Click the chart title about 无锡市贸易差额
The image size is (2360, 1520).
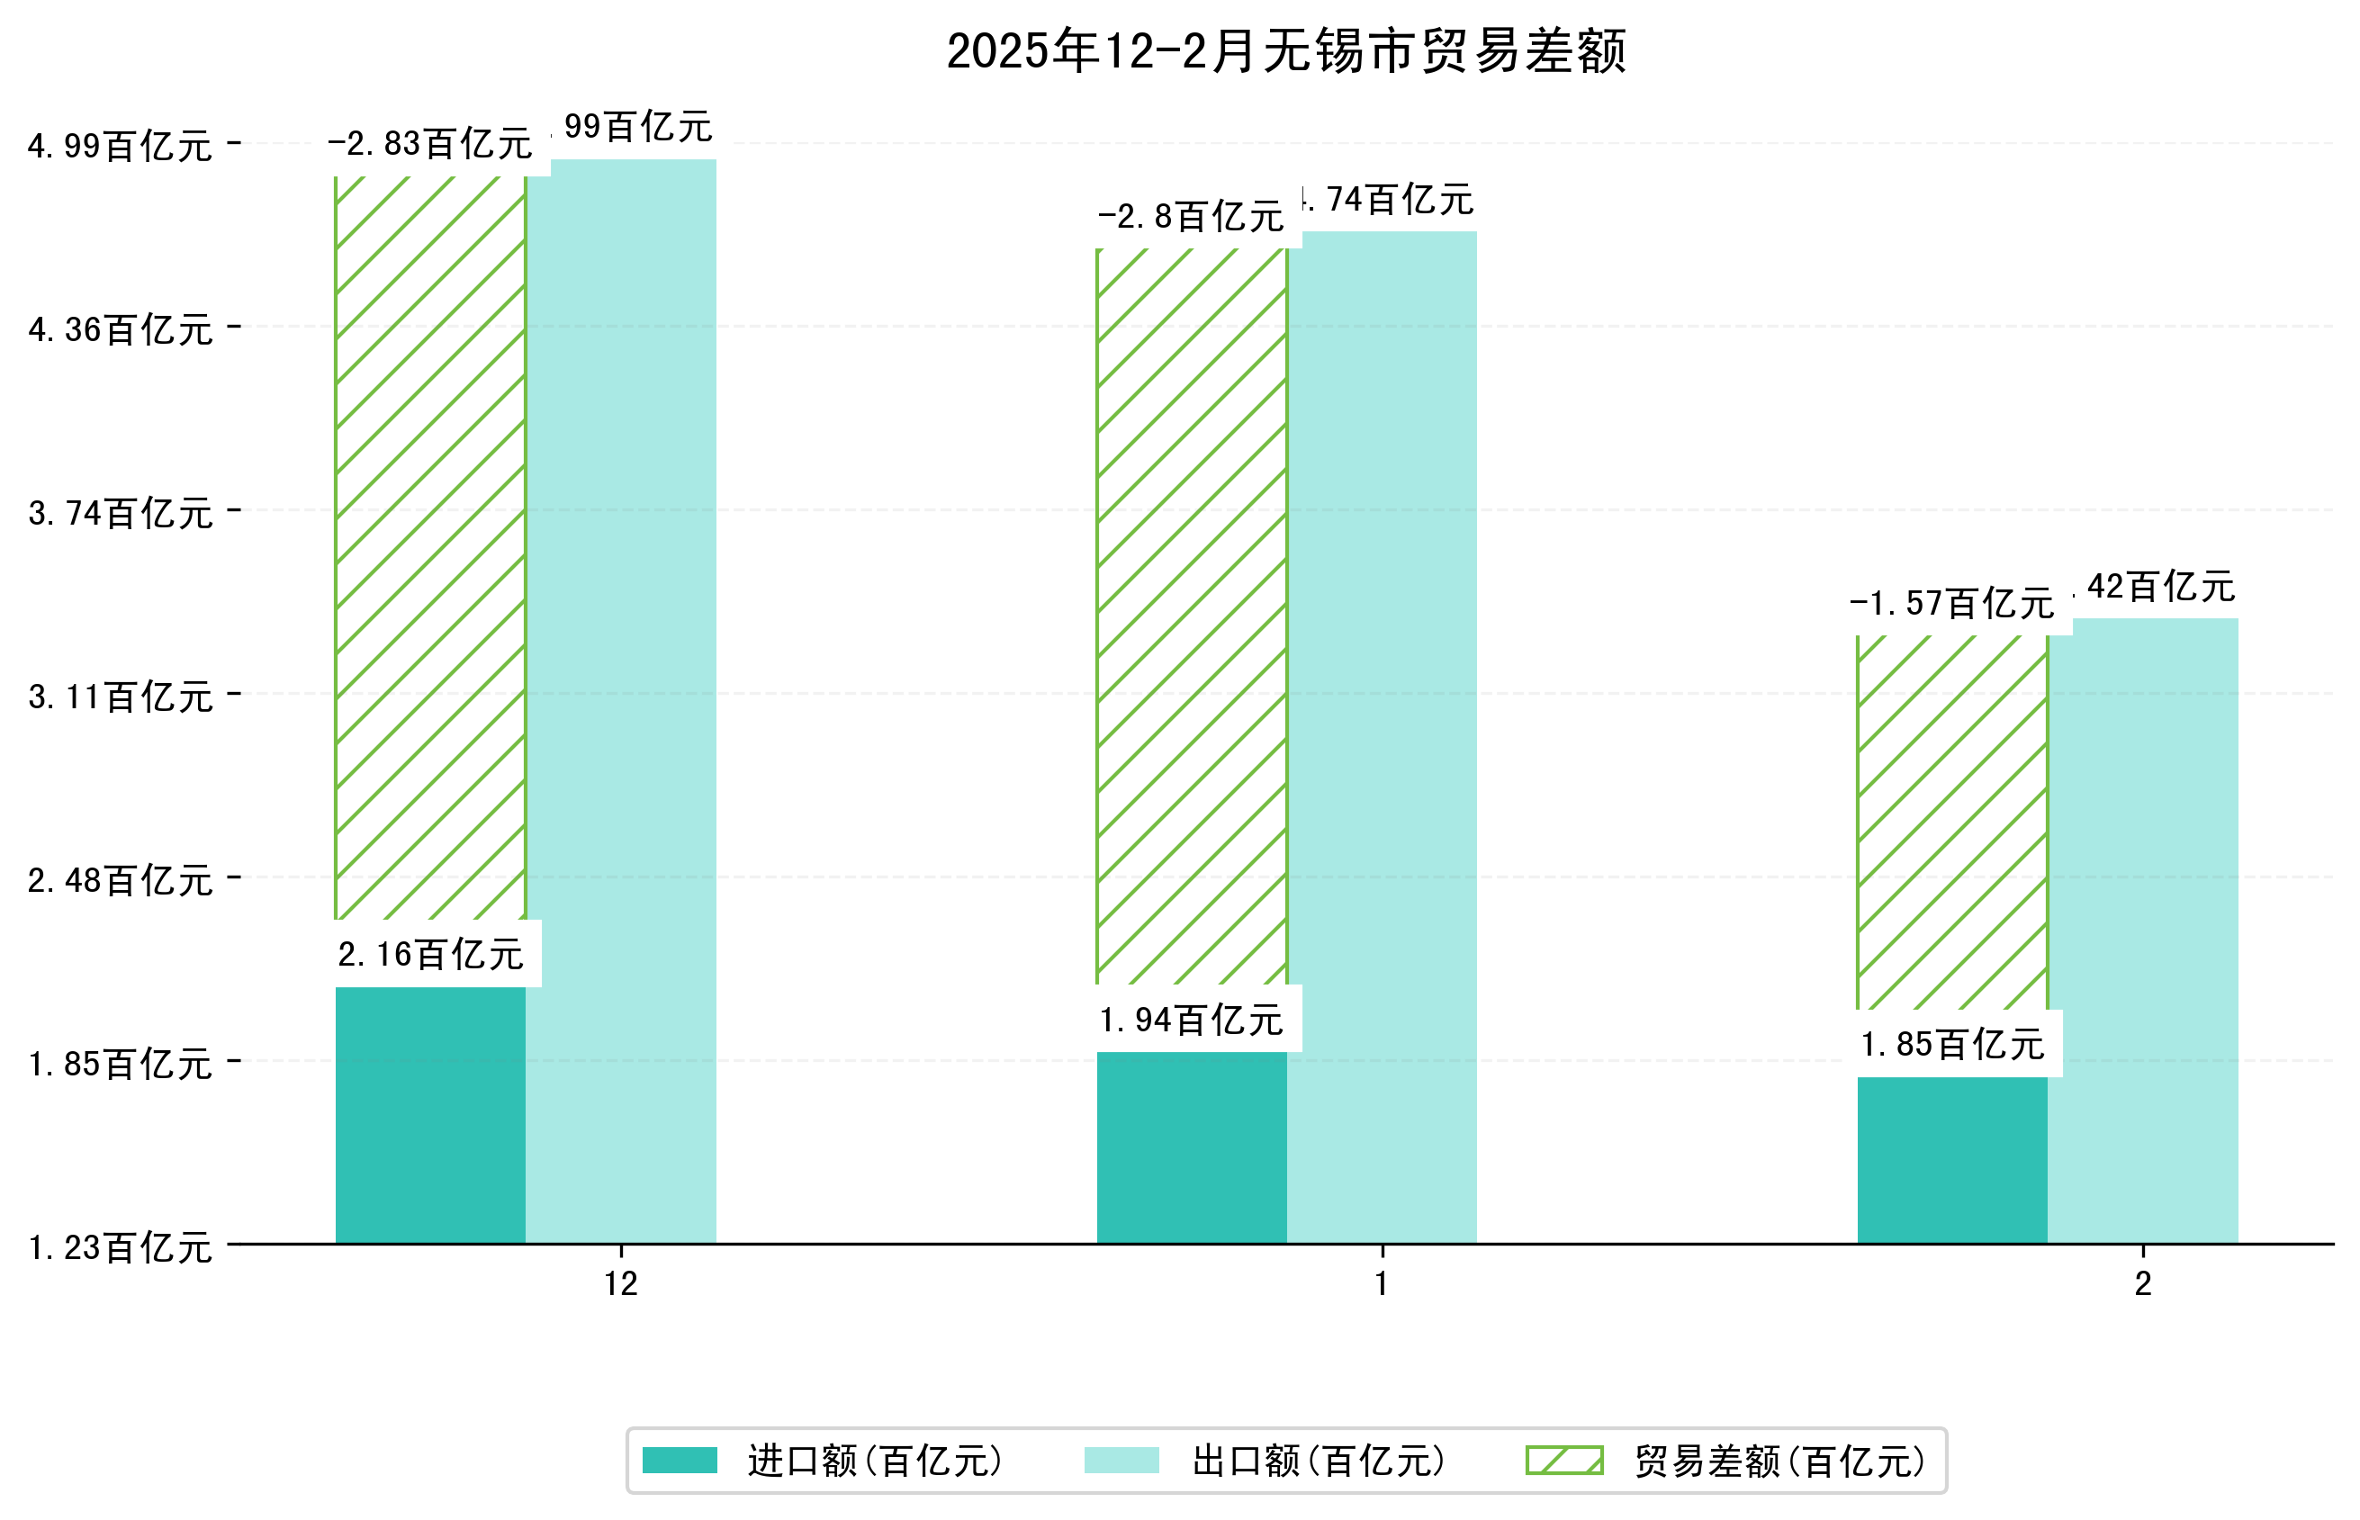click(x=1285, y=51)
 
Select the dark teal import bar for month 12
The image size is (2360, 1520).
click(x=430, y=1115)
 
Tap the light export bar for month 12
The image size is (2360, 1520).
click(x=621, y=701)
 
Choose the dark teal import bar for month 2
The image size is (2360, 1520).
click(x=1951, y=1160)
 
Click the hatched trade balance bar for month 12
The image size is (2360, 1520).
click(x=430, y=548)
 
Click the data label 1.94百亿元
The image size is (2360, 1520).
click(x=1192, y=1020)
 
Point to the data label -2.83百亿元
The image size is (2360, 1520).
click(x=430, y=144)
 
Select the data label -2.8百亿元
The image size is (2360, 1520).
click(x=1192, y=216)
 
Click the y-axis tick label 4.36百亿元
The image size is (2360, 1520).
click(x=121, y=329)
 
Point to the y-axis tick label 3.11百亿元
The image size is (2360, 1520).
click(x=121, y=697)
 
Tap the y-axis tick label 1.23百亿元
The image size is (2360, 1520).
click(x=121, y=1247)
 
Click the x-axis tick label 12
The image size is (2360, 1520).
click(x=621, y=1283)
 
